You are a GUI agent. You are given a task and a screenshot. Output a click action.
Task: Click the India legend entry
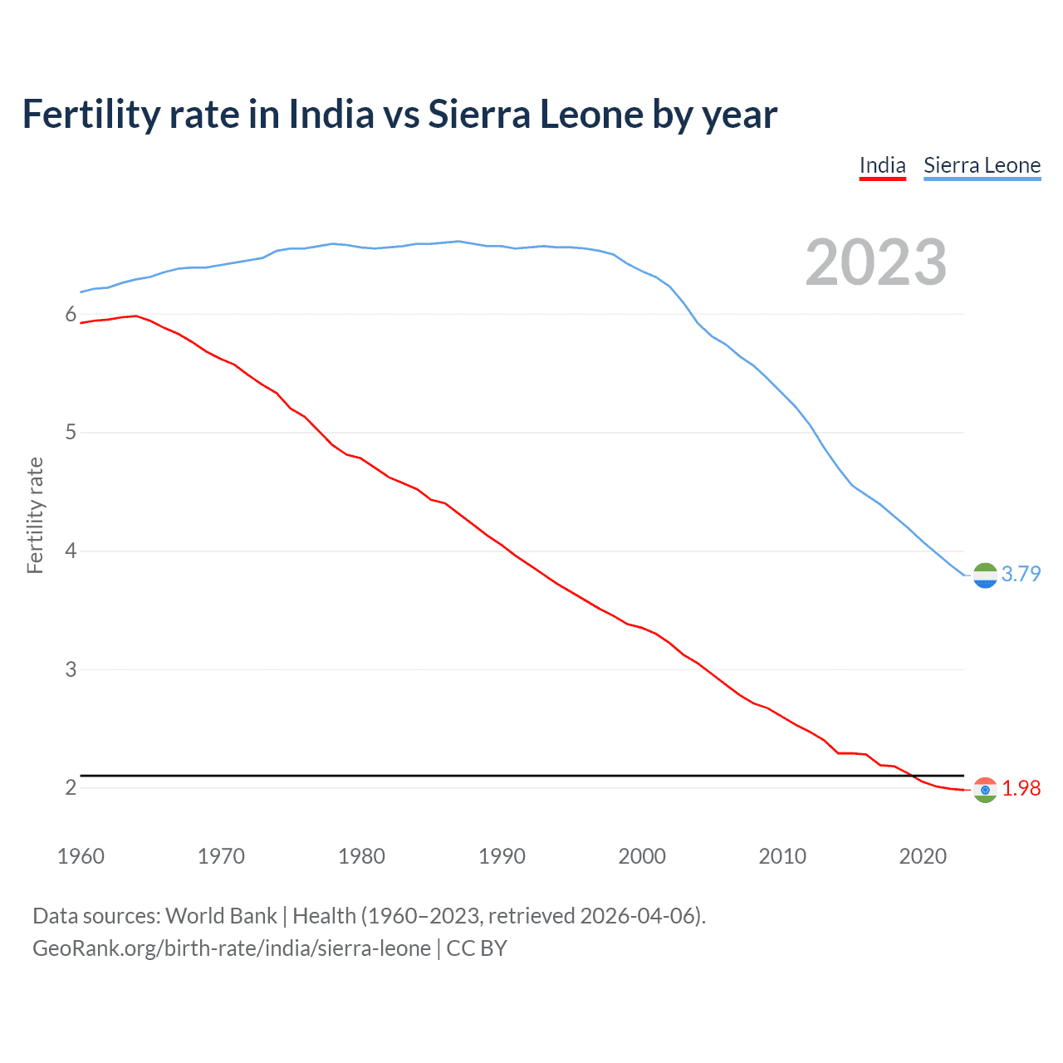coord(882,165)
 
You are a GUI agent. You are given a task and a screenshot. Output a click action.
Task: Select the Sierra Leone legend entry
coord(982,165)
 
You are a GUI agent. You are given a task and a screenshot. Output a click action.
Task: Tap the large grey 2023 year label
coord(876,262)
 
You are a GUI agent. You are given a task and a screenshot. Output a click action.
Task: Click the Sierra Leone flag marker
coord(985,575)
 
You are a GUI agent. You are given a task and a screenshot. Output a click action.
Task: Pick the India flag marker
coord(985,790)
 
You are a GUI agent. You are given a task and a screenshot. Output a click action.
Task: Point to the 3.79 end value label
coord(1021,574)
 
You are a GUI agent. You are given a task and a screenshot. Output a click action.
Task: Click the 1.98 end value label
coord(1021,788)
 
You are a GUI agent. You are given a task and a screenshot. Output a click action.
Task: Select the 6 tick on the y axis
coord(71,314)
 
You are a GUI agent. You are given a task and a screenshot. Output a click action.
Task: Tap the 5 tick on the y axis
coord(71,433)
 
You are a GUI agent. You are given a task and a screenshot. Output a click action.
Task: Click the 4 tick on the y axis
coord(71,551)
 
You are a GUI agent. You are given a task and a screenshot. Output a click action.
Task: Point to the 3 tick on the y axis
coord(71,669)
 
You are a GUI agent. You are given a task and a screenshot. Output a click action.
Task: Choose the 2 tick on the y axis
coord(71,787)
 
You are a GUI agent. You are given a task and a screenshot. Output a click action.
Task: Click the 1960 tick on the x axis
coord(81,856)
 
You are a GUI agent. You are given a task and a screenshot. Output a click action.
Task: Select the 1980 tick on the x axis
coord(361,856)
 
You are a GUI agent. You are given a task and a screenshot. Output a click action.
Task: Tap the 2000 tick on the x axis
coord(642,856)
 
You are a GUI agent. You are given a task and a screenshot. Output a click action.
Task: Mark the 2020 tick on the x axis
coord(923,856)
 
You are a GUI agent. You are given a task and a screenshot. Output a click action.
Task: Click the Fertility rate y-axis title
coord(35,515)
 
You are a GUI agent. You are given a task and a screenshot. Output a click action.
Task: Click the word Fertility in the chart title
coord(90,114)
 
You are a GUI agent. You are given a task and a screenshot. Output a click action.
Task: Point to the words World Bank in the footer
coord(221,916)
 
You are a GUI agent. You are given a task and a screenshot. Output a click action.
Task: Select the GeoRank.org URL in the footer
coord(232,948)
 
